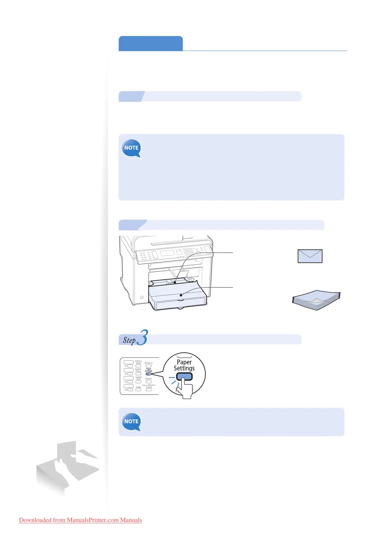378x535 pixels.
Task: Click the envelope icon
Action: click(x=310, y=256)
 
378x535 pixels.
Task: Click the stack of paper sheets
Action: click(x=316, y=300)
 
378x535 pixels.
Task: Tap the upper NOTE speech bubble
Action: click(x=131, y=148)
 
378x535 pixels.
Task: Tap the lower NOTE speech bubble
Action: click(x=131, y=422)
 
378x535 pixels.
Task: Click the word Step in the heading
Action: click(x=129, y=340)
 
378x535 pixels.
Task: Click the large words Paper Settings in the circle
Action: click(x=184, y=365)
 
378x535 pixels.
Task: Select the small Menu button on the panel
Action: click(x=149, y=366)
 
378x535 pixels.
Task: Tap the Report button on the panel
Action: click(x=149, y=382)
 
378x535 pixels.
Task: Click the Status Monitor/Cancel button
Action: click(x=149, y=390)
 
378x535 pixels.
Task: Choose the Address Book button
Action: click(x=138, y=366)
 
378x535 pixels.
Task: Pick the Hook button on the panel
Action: click(x=138, y=390)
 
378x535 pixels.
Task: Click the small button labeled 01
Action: click(x=130, y=366)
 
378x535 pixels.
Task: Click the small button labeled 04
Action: click(x=130, y=390)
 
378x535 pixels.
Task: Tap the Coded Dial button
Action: click(x=138, y=382)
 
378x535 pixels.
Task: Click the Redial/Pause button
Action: click(x=138, y=374)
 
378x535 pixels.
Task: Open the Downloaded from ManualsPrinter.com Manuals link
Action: click(x=80, y=520)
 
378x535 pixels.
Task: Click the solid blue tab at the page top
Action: click(x=150, y=44)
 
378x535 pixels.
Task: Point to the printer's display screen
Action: click(x=167, y=253)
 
